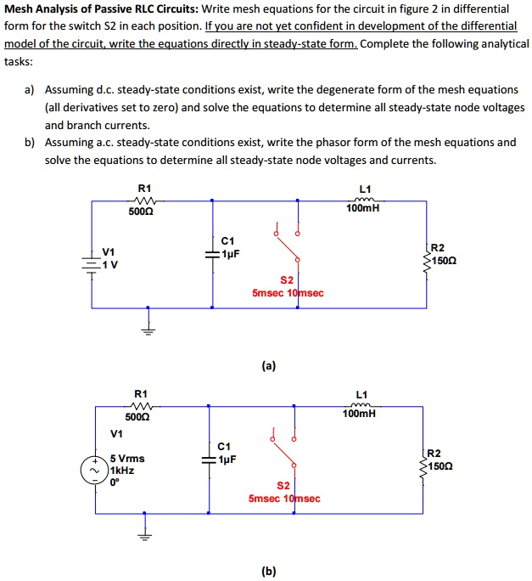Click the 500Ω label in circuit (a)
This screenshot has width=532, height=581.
pyautogui.click(x=142, y=212)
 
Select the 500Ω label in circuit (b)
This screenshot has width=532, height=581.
pyautogui.click(x=137, y=417)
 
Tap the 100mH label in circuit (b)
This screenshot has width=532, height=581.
pyautogui.click(x=360, y=414)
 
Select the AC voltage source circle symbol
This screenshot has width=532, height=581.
pyautogui.click(x=92, y=470)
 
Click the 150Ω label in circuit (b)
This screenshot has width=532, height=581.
pyautogui.click(x=440, y=466)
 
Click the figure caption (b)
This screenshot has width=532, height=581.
pyautogui.click(x=269, y=572)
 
